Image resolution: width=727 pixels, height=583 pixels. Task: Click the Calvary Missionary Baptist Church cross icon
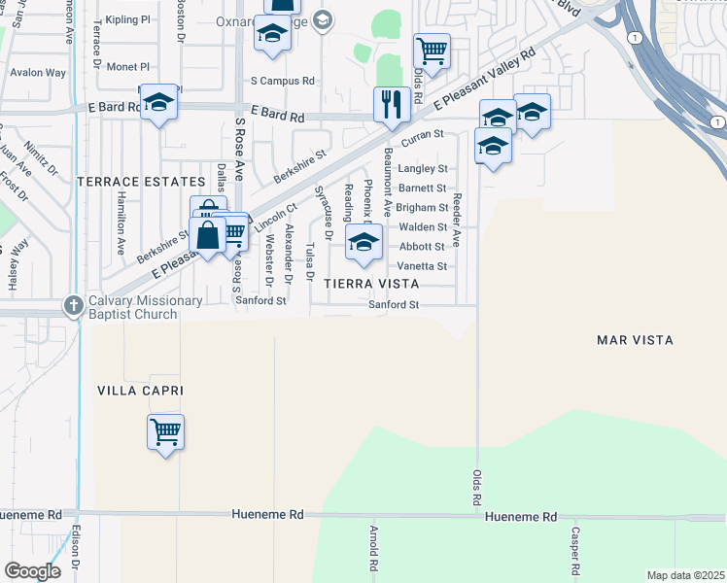click(72, 305)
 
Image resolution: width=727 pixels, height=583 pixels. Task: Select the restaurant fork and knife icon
click(391, 103)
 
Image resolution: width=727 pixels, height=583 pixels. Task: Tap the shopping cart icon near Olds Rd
click(432, 50)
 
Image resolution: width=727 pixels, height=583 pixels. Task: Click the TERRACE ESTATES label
click(141, 182)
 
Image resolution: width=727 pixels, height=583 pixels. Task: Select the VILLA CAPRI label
click(140, 390)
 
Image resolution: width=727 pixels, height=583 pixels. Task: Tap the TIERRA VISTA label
click(372, 284)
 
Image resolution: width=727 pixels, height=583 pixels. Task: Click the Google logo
click(32, 571)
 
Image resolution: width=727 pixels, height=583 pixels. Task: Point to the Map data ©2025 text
click(684, 575)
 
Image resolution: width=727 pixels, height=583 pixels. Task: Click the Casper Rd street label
click(576, 550)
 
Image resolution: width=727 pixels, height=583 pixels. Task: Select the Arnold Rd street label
click(373, 549)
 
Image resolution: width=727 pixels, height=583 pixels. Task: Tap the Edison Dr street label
click(77, 550)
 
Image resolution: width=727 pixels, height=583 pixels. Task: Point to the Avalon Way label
click(38, 73)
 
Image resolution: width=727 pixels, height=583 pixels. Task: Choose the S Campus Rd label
click(283, 82)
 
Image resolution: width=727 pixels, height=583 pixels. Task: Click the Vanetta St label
click(422, 266)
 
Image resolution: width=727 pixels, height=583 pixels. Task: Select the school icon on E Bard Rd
click(158, 102)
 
